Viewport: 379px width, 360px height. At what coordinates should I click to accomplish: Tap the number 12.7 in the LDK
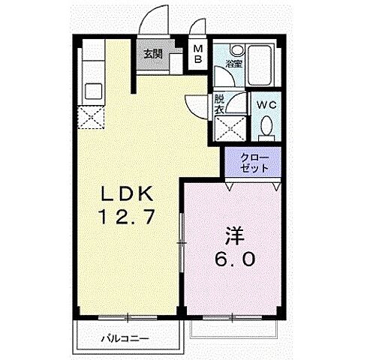(128, 218)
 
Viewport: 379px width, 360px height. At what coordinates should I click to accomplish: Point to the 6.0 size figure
(232, 259)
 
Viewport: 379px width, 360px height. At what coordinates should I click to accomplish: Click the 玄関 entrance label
(153, 53)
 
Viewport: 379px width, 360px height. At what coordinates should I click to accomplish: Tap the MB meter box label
(198, 55)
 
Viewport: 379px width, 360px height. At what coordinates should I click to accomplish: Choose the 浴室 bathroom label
(233, 64)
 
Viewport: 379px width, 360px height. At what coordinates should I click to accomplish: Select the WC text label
(266, 106)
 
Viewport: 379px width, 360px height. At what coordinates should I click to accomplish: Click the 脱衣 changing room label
(219, 103)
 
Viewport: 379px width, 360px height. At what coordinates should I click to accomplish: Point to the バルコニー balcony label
(125, 338)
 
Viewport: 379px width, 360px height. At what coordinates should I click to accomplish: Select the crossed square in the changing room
(230, 128)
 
